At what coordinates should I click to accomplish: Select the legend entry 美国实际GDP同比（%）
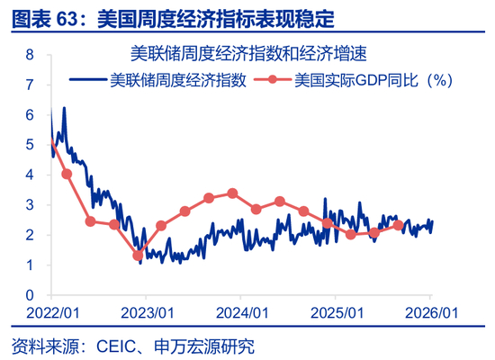[373, 80]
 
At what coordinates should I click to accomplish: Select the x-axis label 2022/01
[52, 311]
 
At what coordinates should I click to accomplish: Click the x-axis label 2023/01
[147, 311]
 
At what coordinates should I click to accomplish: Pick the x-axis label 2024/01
[241, 311]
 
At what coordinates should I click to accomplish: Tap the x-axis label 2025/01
[336, 311]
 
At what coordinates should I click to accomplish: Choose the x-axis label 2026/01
[430, 311]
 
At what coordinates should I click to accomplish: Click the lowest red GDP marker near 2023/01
[138, 256]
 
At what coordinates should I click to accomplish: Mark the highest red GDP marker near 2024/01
[232, 193]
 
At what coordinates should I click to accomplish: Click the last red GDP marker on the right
[398, 225]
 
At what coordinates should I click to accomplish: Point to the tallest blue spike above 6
[64, 108]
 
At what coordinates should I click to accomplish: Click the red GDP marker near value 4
[67, 174]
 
